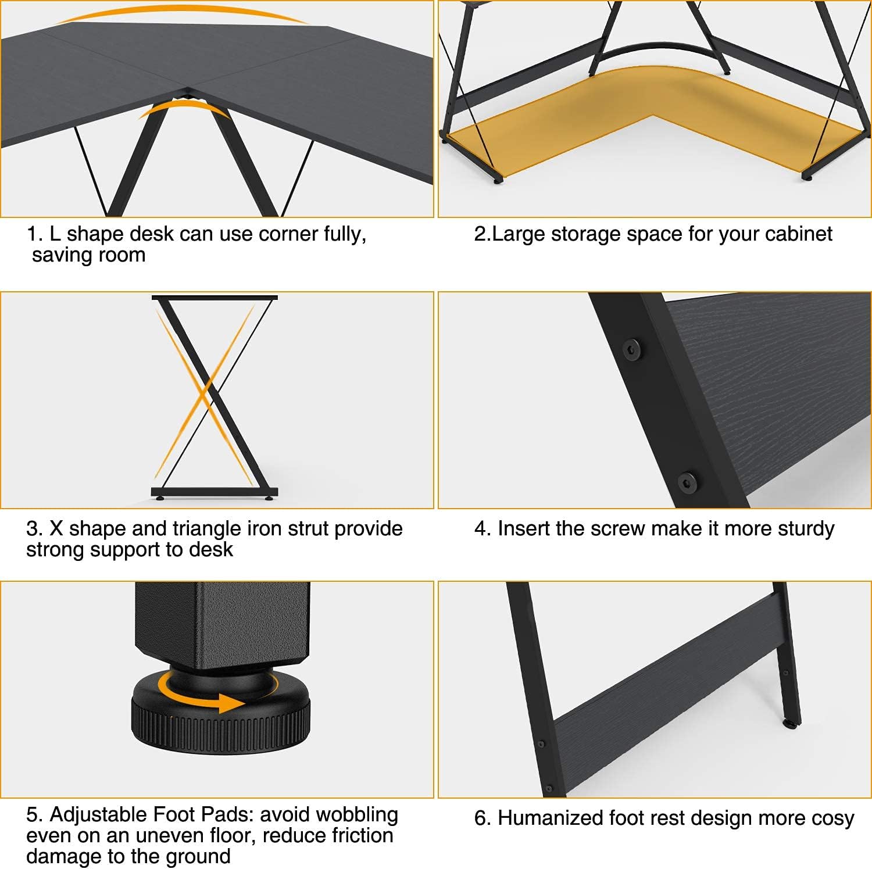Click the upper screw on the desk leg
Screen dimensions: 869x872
632,349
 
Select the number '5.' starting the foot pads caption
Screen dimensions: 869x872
34,814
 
